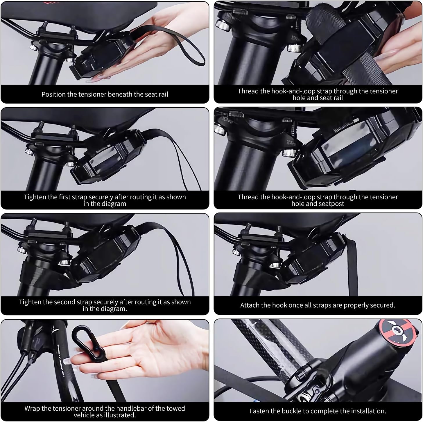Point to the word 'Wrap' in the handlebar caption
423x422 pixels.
coord(32,408)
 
